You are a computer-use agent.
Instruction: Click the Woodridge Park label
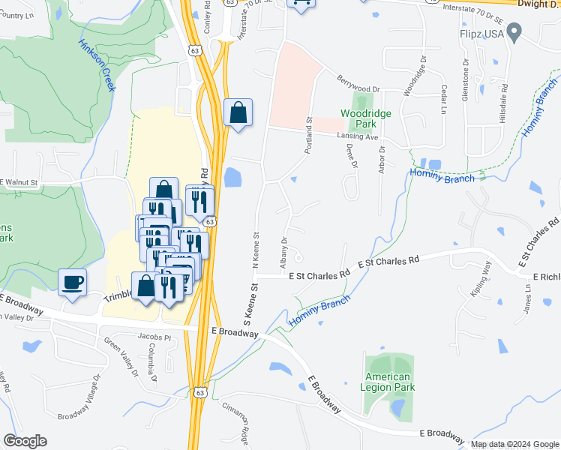(x=366, y=118)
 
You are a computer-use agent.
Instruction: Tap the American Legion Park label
(x=388, y=382)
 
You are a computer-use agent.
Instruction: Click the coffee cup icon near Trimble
(x=73, y=282)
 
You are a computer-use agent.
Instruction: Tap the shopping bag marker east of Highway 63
(x=238, y=113)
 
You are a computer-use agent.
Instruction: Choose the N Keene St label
(x=256, y=250)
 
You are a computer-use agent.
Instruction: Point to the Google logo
(x=25, y=441)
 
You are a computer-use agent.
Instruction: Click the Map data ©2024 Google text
(x=514, y=444)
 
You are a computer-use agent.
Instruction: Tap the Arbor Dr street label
(x=382, y=158)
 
